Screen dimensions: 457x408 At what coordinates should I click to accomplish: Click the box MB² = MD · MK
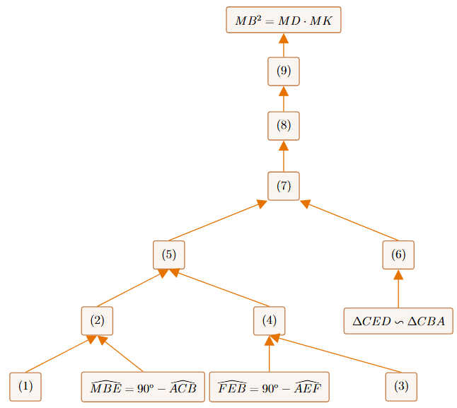[x=284, y=20]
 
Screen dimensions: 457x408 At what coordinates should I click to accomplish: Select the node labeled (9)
[x=284, y=71]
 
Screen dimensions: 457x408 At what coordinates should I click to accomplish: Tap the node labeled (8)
[x=284, y=126]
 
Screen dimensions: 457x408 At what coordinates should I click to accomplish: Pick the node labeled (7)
[x=284, y=186]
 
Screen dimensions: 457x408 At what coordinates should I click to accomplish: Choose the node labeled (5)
[x=169, y=255]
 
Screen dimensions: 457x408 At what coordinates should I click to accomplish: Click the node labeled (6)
[x=398, y=255]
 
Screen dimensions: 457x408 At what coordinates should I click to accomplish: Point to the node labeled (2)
[x=97, y=320]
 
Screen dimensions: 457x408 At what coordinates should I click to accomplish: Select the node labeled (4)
[x=270, y=320]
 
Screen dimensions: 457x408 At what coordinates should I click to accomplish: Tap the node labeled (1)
[x=25, y=387]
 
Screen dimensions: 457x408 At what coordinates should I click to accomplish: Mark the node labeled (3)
[x=401, y=387]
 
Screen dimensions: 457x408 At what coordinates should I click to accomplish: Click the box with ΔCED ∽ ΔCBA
[x=398, y=320]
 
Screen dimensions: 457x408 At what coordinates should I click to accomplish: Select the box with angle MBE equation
[x=143, y=387]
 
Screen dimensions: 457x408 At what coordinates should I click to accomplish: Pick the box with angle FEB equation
[x=270, y=387]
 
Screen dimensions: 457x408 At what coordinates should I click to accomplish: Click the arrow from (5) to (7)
[x=218, y=221]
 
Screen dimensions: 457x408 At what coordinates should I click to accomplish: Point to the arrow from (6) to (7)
[x=349, y=221]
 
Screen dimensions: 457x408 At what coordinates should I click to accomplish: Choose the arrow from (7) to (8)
[x=284, y=156]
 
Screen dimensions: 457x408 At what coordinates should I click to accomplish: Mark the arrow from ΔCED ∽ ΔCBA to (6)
[x=398, y=289]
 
